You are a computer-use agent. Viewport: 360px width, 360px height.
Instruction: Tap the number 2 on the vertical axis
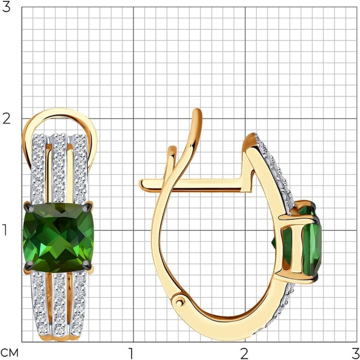(6, 119)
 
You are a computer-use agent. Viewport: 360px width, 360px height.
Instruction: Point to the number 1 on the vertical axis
(5, 230)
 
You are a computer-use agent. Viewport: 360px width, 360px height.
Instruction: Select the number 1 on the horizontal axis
(131, 353)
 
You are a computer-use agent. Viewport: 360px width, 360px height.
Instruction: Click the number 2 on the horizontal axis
(244, 353)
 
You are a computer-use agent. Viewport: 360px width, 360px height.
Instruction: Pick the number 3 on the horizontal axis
(354, 353)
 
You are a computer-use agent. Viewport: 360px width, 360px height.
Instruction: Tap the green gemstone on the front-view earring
(58, 238)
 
